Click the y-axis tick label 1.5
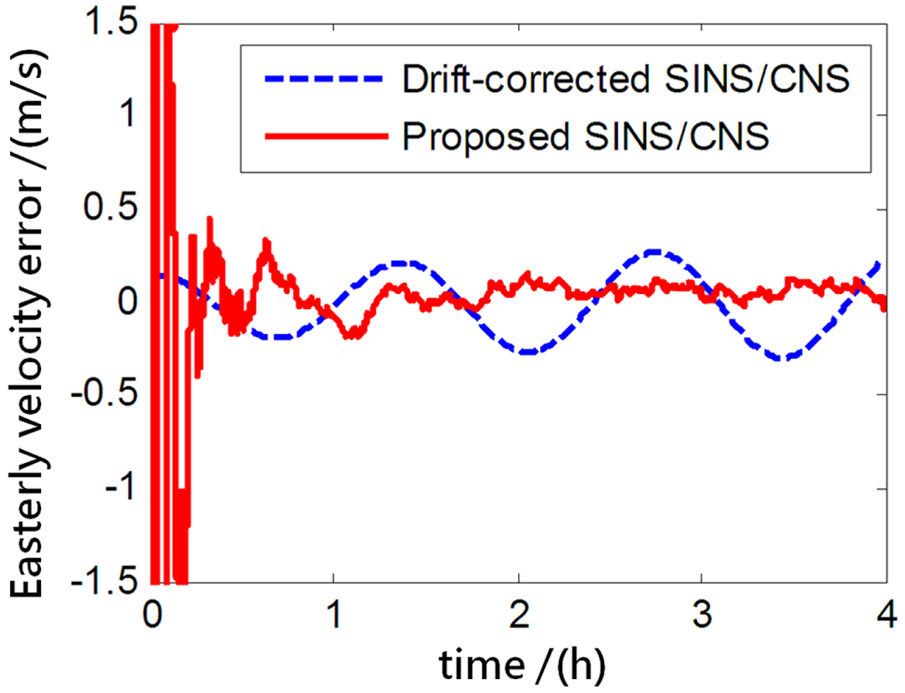[x=111, y=23]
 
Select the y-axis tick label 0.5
[x=111, y=208]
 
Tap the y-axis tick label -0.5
[x=103, y=394]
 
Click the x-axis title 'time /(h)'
[x=522, y=665]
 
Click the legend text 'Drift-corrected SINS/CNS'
[x=626, y=79]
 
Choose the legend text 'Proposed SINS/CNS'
[x=585, y=136]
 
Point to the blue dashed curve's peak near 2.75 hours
[x=654, y=251]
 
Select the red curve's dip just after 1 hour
[x=352, y=335]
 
